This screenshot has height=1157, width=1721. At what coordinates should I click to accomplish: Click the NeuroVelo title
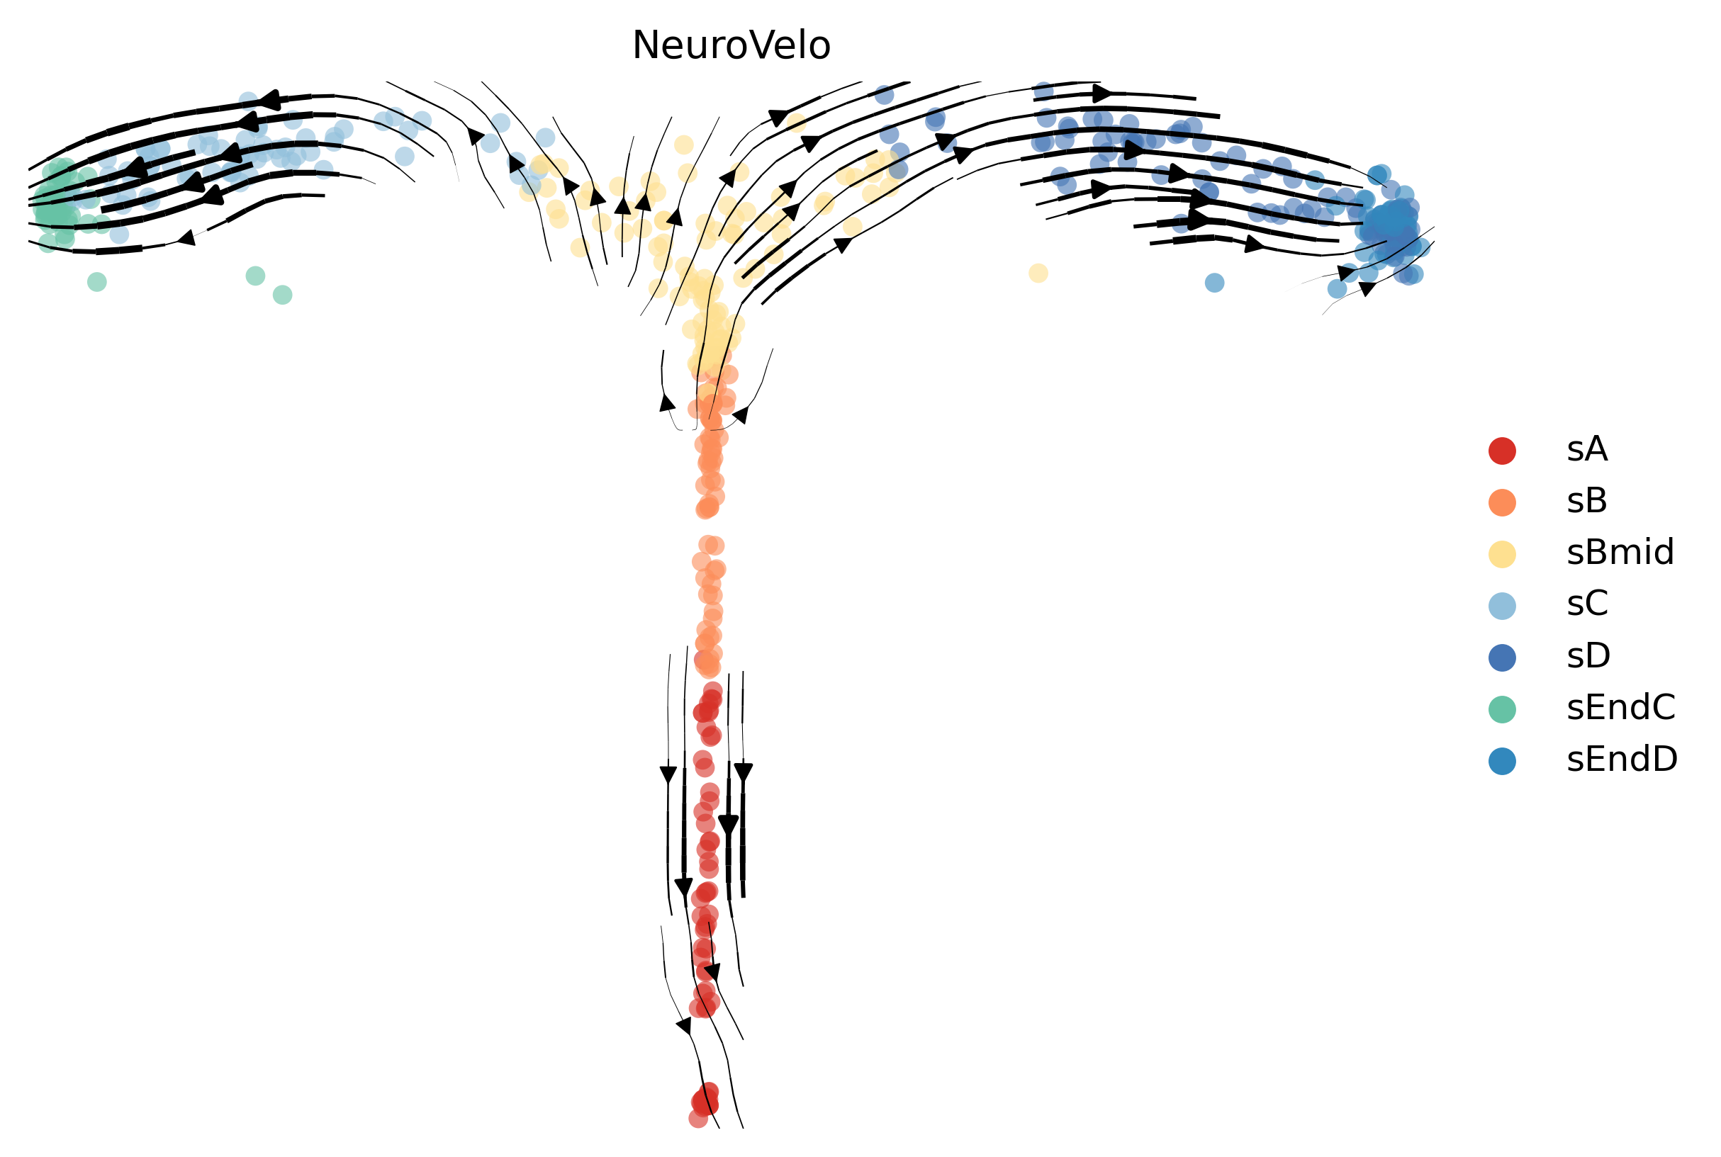731,46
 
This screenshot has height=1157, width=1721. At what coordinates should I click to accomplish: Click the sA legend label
1587,449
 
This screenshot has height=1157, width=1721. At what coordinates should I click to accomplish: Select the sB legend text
1587,501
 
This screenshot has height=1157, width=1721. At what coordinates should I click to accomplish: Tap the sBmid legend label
1620,553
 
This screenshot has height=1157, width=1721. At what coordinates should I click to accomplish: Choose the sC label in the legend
1588,604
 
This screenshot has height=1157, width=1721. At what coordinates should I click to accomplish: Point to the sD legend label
1588,656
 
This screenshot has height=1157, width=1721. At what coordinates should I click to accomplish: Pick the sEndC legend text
1621,708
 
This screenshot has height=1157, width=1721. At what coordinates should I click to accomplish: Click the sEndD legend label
1622,760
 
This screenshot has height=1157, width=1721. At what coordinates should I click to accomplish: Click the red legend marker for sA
1502,450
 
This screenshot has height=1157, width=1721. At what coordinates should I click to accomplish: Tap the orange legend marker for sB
1502,502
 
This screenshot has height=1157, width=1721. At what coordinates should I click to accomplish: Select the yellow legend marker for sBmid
1502,553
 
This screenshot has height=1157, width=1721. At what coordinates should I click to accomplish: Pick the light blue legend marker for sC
1502,605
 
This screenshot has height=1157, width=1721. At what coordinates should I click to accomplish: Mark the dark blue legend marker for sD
1502,657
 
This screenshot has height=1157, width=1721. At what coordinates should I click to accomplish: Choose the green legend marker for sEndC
1502,709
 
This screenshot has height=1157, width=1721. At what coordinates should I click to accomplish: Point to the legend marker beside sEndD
1502,760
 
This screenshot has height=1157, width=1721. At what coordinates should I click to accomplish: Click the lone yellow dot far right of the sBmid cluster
1038,272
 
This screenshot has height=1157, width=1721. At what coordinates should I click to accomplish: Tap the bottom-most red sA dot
698,1119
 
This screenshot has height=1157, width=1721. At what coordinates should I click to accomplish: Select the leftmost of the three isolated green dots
96,281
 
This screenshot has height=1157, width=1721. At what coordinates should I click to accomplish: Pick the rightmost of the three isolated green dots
283,295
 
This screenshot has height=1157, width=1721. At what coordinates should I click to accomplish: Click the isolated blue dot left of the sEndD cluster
1215,282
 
